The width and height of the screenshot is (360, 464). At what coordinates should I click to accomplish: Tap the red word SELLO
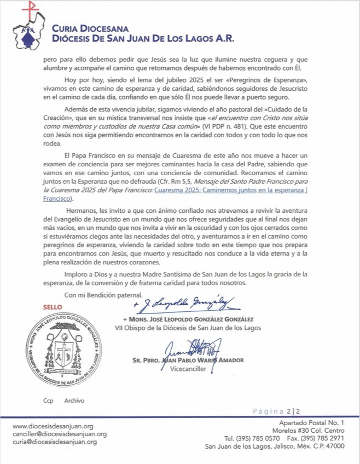(52, 307)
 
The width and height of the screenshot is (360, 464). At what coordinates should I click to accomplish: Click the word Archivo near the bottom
(74, 400)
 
